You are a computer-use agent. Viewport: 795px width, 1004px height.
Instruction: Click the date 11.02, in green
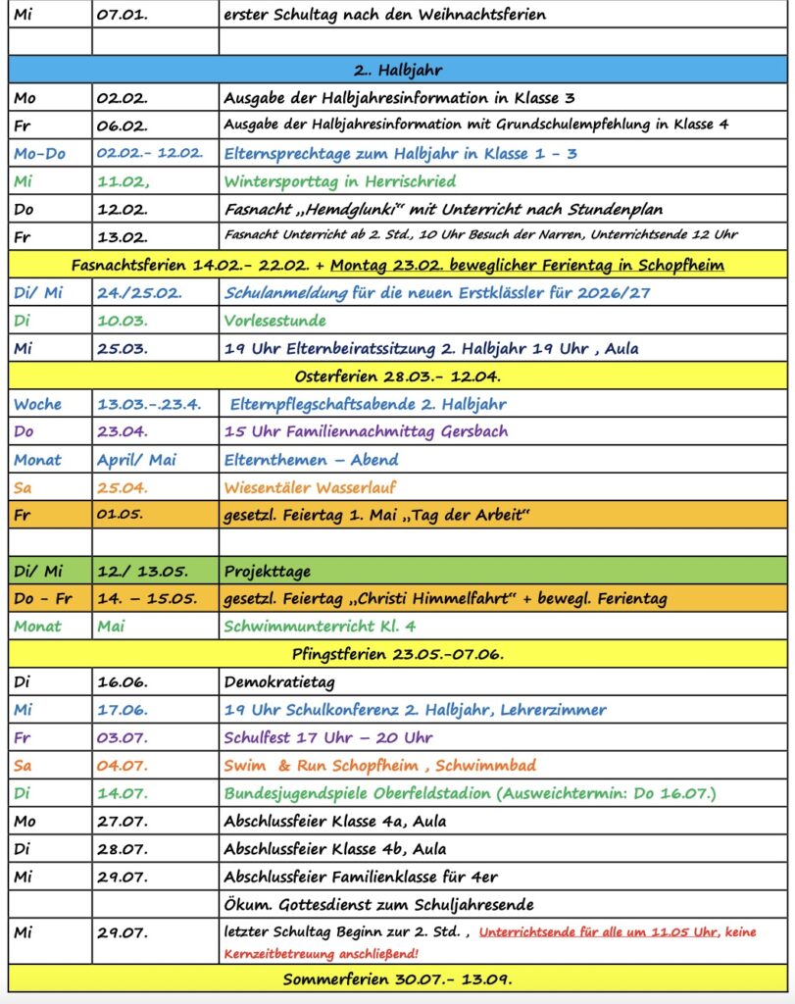coord(123,181)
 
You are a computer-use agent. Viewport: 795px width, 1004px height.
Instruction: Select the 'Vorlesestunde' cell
coord(274,321)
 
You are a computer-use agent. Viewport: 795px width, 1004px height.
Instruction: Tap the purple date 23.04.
coord(122,431)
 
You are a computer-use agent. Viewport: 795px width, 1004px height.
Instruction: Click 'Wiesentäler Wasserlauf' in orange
coord(310,487)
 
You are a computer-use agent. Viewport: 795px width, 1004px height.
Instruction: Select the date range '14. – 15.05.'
coord(146,598)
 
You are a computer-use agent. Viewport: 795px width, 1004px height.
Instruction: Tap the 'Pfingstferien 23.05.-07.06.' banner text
coord(397,654)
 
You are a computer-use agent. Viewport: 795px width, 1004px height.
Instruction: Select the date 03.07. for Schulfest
coord(122,737)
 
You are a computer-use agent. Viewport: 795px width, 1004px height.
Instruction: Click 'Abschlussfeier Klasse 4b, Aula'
coord(334,848)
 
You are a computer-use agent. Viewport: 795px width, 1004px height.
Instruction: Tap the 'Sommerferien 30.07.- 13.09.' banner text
coord(397,979)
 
